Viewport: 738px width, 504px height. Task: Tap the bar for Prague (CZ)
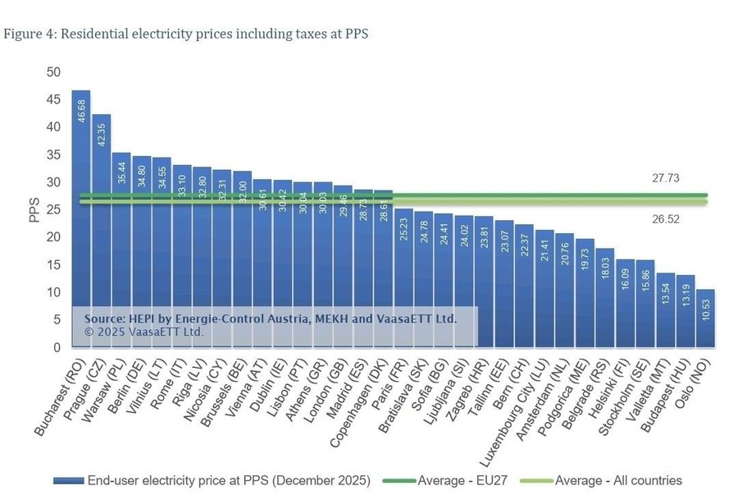tap(101, 230)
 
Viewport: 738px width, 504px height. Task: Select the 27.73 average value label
tap(665, 177)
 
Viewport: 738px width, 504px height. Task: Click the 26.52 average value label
tap(665, 218)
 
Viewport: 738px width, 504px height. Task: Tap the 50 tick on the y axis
tap(54, 72)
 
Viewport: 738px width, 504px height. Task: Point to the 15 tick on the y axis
tap(54, 265)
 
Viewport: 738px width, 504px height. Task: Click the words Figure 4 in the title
tap(29, 34)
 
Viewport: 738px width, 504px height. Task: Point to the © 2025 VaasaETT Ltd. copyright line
tap(143, 332)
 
